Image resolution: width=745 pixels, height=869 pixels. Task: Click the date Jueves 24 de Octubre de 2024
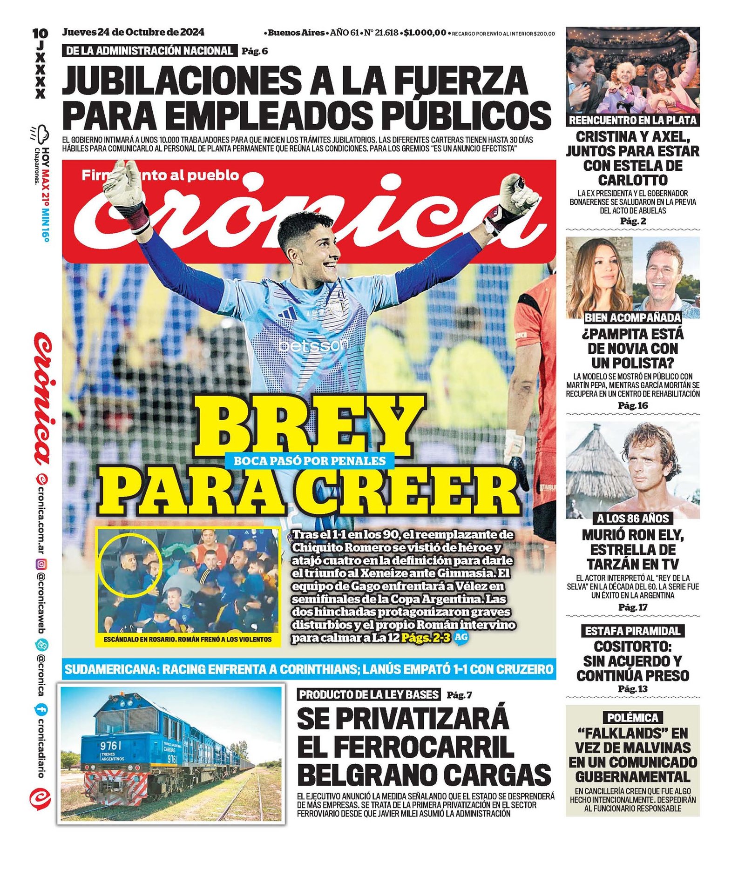tap(133, 33)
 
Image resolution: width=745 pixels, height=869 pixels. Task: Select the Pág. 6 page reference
tap(255, 51)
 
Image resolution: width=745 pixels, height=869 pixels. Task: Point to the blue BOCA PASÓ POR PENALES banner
tap(310, 461)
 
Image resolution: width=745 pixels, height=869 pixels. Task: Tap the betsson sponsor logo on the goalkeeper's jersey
tap(313, 345)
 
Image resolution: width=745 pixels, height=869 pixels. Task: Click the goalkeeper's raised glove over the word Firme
tap(125, 186)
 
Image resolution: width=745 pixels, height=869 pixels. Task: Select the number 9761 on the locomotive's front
tap(111, 746)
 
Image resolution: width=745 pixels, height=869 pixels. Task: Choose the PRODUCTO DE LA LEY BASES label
tap(369, 695)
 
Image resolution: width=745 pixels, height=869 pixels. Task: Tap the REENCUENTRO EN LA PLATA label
tap(633, 121)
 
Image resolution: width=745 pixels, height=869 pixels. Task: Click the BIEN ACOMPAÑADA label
tap(633, 318)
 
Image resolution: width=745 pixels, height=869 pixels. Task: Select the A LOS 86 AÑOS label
tap(633, 519)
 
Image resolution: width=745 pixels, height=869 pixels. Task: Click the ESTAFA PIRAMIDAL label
tap(633, 631)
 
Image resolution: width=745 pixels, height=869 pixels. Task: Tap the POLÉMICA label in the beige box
tap(633, 718)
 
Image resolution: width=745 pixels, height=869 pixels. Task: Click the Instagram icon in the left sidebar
tap(41, 565)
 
